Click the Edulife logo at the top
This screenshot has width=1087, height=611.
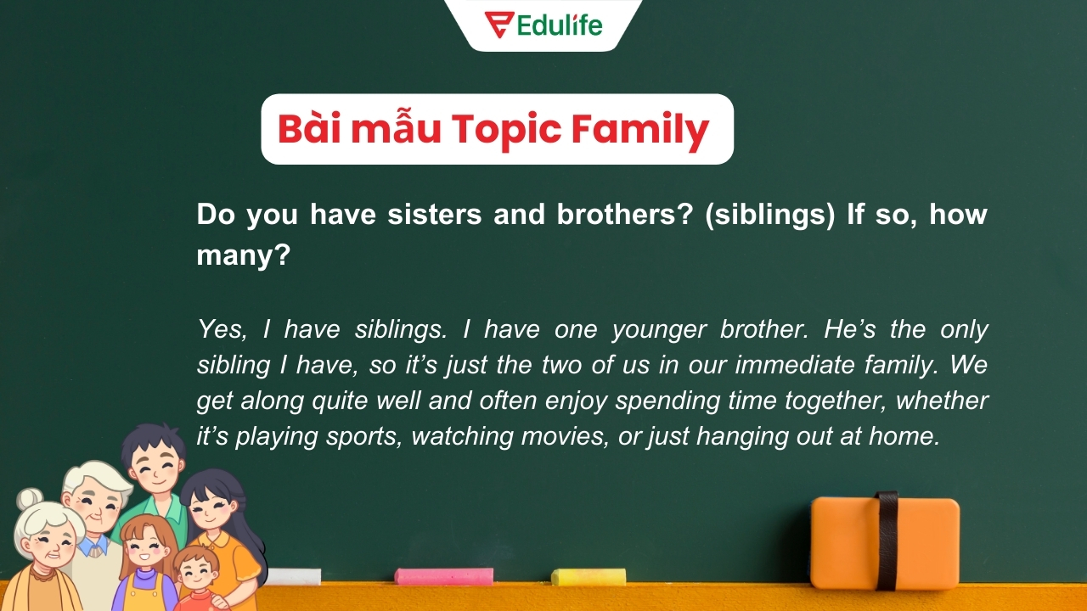tap(543, 24)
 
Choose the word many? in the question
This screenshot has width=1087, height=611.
tap(244, 255)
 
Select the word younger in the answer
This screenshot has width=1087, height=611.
tap(659, 329)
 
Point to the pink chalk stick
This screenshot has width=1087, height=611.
tap(443, 576)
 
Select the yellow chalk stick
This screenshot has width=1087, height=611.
tap(588, 577)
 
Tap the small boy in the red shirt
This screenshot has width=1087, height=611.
tap(198, 577)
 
